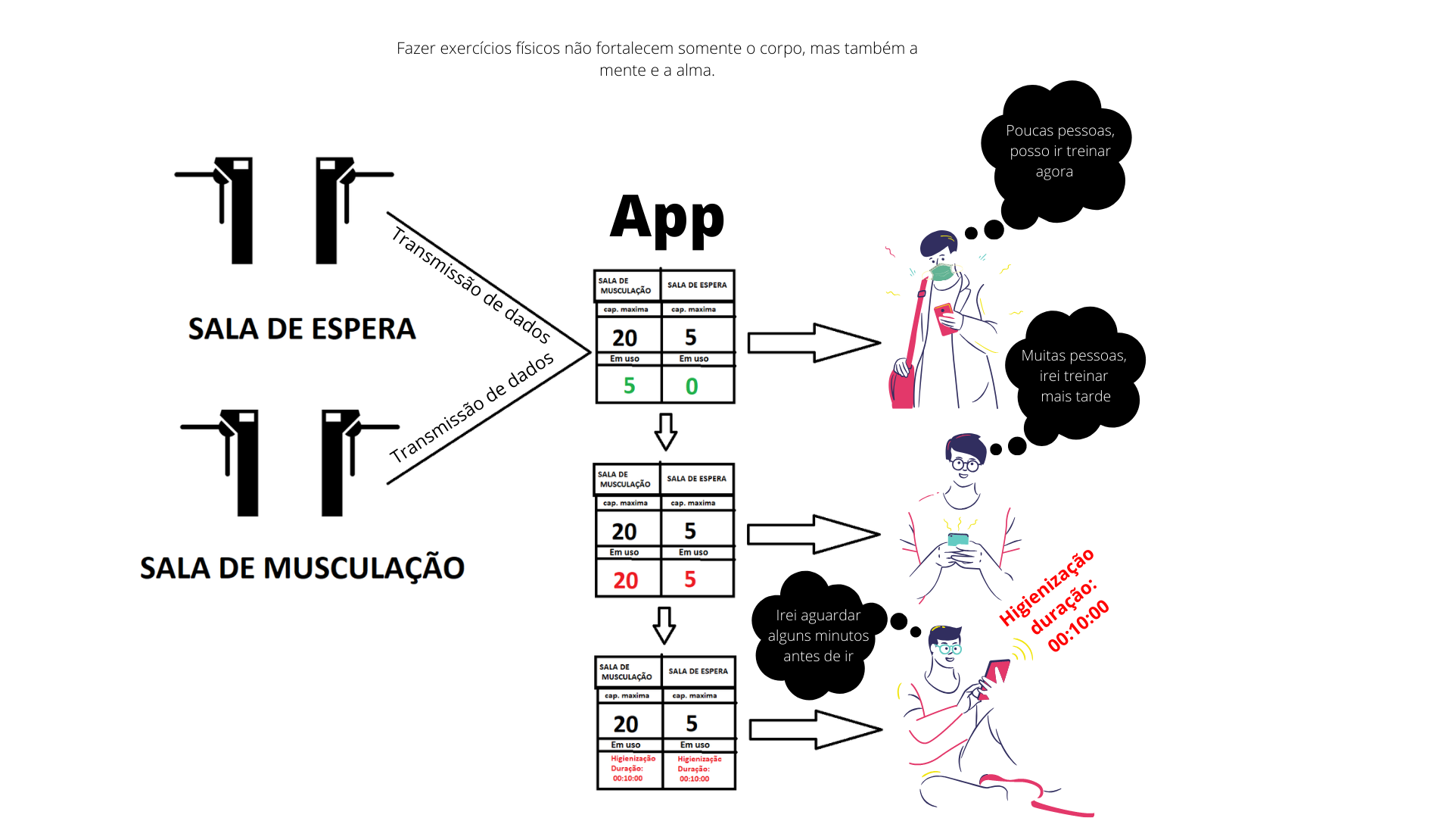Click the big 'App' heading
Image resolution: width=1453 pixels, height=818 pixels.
(x=667, y=219)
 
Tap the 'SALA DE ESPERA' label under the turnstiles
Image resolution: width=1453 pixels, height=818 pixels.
(x=302, y=329)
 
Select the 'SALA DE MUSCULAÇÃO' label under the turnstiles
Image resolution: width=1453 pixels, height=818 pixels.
(x=302, y=568)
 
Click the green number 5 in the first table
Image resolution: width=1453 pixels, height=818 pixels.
(x=629, y=386)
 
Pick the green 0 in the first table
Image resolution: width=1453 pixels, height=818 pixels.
(x=692, y=386)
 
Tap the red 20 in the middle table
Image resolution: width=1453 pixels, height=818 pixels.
(x=626, y=580)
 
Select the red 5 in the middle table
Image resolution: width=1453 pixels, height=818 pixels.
(x=690, y=579)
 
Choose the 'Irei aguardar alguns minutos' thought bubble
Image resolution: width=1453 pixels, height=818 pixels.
(x=819, y=635)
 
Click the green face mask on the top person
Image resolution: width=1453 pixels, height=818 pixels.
(x=941, y=272)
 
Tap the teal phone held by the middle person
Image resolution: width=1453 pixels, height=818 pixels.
(x=958, y=539)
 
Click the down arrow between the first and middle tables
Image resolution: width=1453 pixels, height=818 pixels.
(x=665, y=432)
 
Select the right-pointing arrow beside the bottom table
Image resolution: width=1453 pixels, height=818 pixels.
(x=816, y=729)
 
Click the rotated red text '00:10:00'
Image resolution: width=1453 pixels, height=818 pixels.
(x=1078, y=625)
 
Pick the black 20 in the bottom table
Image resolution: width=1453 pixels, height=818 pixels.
(x=626, y=724)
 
